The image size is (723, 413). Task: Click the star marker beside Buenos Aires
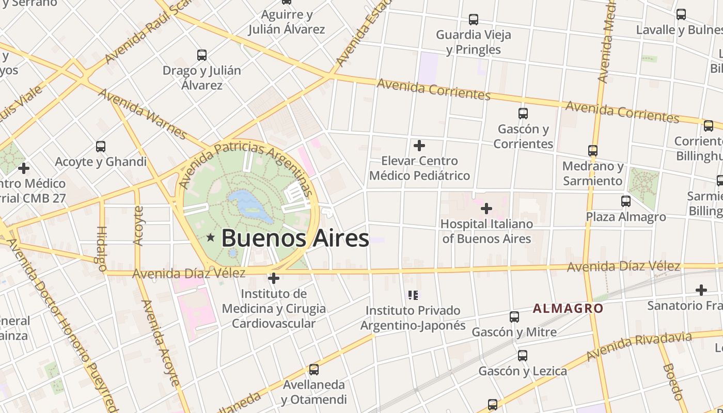pyautogui.click(x=211, y=238)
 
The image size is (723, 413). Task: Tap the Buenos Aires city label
pyautogui.click(x=295, y=239)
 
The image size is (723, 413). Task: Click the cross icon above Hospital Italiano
pyautogui.click(x=486, y=209)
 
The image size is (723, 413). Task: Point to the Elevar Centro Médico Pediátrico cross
pyautogui.click(x=419, y=146)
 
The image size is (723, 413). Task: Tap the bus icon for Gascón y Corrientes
pyautogui.click(x=523, y=113)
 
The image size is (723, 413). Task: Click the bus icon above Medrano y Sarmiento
pyautogui.click(x=593, y=151)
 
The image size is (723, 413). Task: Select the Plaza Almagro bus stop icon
pyautogui.click(x=626, y=201)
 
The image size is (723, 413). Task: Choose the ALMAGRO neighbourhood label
pyautogui.click(x=568, y=309)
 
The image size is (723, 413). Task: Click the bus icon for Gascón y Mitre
pyautogui.click(x=514, y=316)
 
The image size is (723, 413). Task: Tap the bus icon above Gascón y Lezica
pyautogui.click(x=523, y=355)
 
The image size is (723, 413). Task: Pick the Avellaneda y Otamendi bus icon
pyautogui.click(x=313, y=369)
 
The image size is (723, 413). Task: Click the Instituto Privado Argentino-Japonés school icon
pyautogui.click(x=413, y=295)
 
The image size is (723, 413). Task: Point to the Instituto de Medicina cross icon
pyautogui.click(x=274, y=279)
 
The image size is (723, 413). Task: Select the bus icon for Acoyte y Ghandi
pyautogui.click(x=101, y=146)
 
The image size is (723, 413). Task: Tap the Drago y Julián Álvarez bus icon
pyautogui.click(x=202, y=55)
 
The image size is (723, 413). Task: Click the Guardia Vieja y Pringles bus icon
pyautogui.click(x=474, y=20)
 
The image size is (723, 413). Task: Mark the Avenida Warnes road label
pyautogui.click(x=142, y=114)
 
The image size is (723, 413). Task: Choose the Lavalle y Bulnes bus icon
pyautogui.click(x=681, y=14)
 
